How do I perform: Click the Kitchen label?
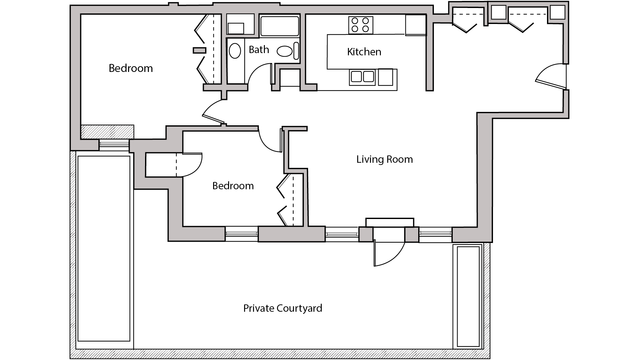364,52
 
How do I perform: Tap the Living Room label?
384,159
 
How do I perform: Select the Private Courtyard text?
282,308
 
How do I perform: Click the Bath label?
259,50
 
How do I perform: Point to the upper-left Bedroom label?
131,68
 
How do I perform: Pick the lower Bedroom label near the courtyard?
233,186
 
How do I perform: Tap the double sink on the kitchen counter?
362,77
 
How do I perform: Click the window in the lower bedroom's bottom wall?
242,234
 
